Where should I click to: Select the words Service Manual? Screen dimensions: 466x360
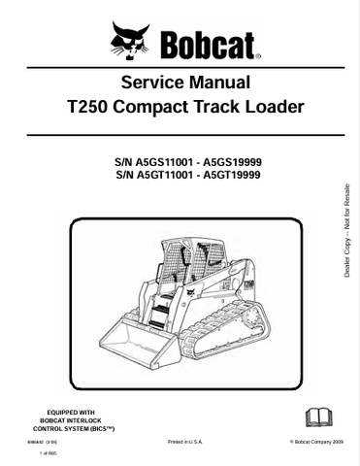point(180,83)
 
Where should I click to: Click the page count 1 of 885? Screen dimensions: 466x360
point(49,454)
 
